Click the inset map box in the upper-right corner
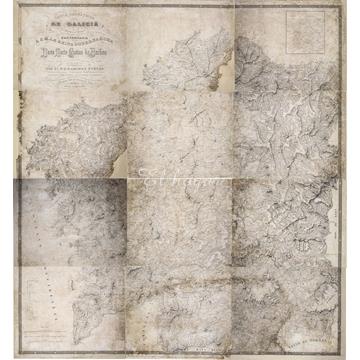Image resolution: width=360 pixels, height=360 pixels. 301,40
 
